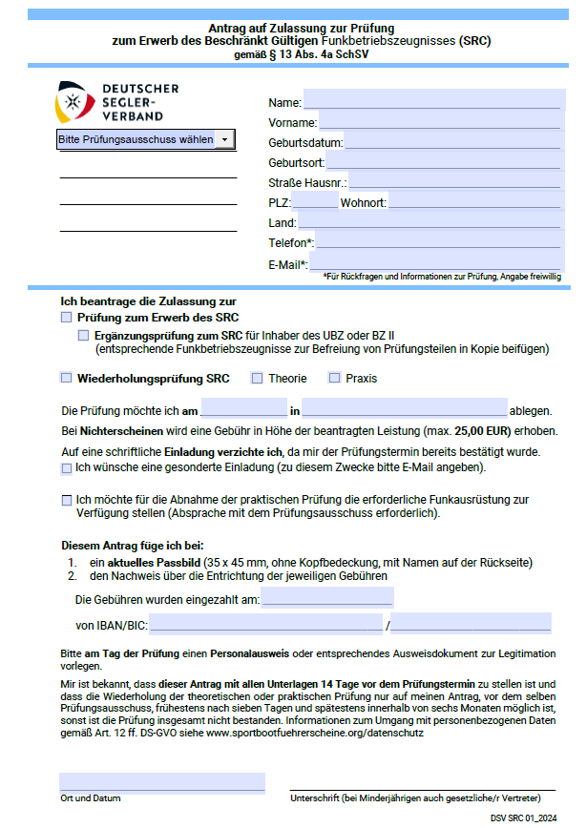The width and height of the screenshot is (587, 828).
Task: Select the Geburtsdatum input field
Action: [x=451, y=142]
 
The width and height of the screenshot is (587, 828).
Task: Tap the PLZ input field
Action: [x=314, y=202]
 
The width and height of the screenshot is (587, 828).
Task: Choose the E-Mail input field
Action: [x=435, y=263]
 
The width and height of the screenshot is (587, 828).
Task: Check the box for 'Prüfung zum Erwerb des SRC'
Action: [x=66, y=317]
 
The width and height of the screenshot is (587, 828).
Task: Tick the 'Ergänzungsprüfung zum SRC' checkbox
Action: [x=83, y=337]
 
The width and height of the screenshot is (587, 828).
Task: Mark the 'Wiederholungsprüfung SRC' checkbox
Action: [x=66, y=378]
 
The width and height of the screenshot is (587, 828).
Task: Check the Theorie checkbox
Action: [x=257, y=378]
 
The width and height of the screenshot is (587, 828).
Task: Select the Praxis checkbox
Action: [x=334, y=378]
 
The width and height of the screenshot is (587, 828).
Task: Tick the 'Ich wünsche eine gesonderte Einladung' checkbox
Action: [x=66, y=468]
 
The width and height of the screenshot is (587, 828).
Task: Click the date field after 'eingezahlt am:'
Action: [x=326, y=598]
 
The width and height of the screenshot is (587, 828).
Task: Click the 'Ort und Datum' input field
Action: [x=161, y=782]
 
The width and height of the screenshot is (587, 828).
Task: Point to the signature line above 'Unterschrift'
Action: [x=422, y=789]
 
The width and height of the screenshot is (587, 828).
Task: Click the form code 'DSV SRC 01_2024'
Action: [x=524, y=818]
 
